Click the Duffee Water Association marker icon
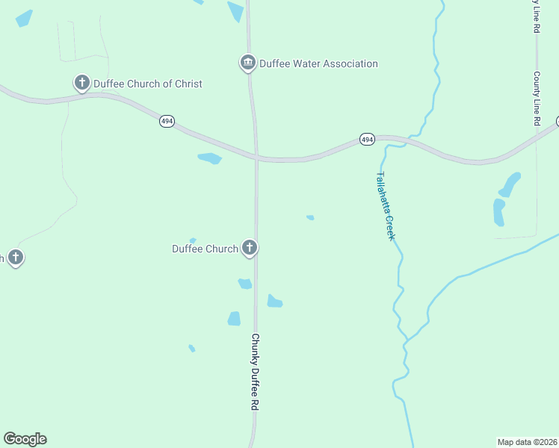(248, 63)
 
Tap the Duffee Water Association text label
(318, 63)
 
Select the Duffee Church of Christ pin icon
(81, 83)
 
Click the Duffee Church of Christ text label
(147, 84)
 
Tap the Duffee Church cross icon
(250, 248)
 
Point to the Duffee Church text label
(205, 249)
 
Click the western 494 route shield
(167, 121)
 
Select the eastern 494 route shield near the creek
(366, 140)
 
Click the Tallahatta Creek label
(384, 206)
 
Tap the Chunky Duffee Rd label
(255, 371)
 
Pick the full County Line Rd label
(537, 99)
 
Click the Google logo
(25, 439)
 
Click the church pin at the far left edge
(15, 258)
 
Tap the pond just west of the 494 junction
(210, 158)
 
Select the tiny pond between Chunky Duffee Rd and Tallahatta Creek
(310, 218)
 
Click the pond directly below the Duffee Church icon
(244, 284)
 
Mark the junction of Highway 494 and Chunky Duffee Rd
(256, 158)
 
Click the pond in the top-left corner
(24, 19)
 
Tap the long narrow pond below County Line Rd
(498, 212)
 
